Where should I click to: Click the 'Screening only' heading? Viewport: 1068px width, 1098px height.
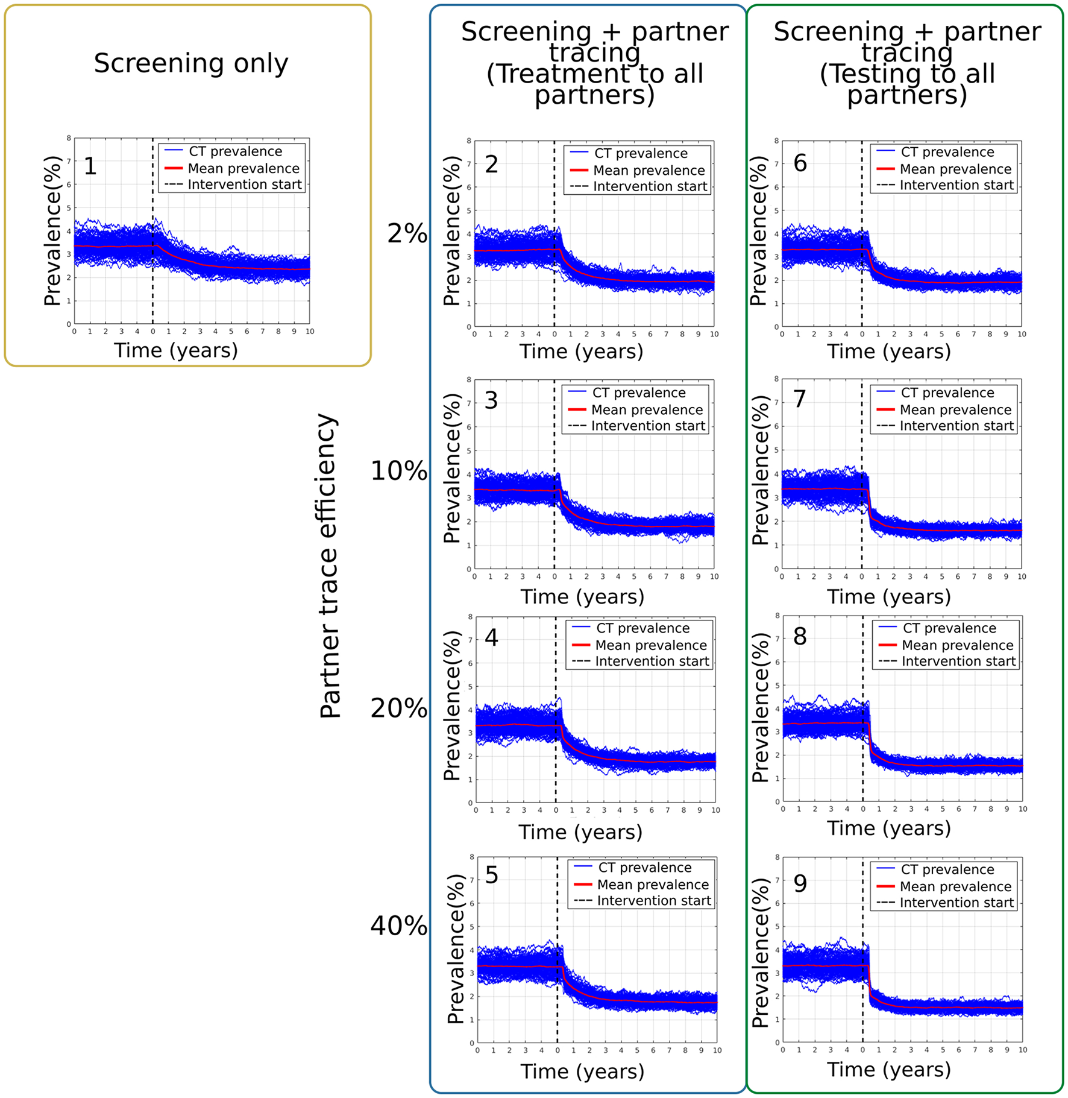190,63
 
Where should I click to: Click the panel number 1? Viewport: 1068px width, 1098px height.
90,166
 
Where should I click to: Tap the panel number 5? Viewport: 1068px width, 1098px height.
492,875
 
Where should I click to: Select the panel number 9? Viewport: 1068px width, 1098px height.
800,883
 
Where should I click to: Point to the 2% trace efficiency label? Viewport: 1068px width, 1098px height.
407,233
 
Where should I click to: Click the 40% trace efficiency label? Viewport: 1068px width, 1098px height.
398,925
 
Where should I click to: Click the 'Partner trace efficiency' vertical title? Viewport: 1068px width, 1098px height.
330,566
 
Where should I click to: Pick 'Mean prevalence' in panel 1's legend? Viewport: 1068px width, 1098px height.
243,168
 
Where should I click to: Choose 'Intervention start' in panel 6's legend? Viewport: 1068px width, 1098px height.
956,185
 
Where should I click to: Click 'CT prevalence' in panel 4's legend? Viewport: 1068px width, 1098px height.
642,628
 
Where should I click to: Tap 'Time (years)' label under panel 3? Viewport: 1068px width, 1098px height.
582,596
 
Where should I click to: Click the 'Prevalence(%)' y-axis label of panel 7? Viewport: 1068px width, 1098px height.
760,470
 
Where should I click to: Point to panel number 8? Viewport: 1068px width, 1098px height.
800,637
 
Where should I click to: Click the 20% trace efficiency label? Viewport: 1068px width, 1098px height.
398,708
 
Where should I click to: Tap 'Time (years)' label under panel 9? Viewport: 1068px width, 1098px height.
888,1069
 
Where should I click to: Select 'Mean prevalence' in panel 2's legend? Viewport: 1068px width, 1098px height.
649,171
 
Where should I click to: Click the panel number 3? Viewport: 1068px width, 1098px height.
491,400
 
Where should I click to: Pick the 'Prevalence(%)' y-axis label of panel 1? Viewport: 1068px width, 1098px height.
53,231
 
